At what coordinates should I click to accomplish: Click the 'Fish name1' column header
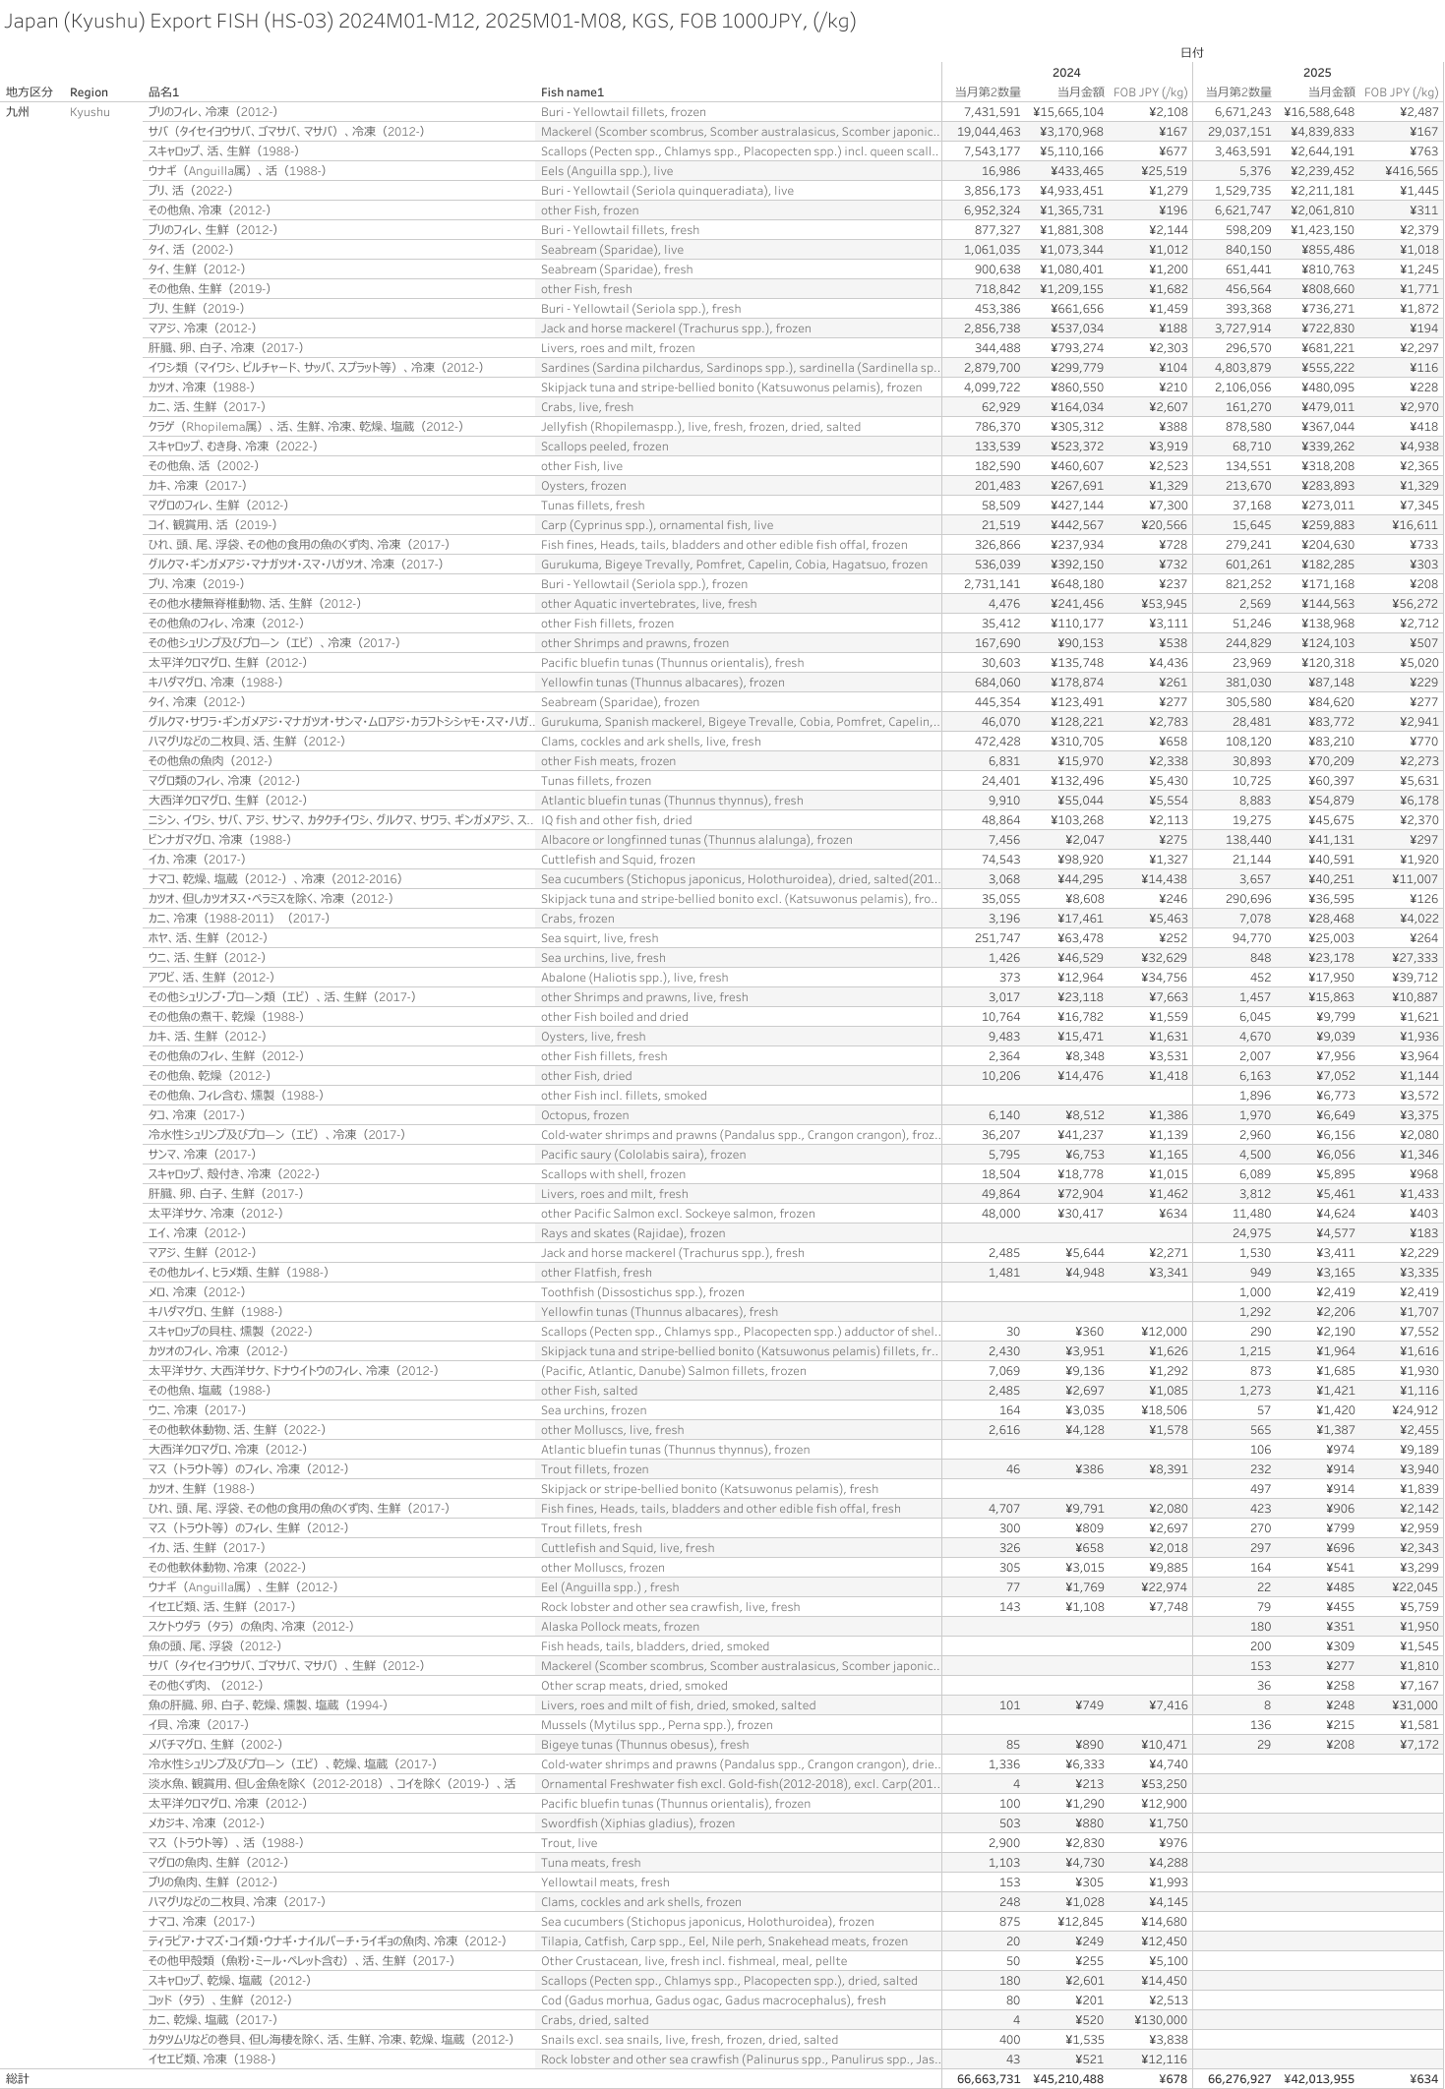point(572,92)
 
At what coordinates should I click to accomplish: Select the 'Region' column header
point(89,92)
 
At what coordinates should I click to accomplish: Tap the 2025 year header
point(1316,73)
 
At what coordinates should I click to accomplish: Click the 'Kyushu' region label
point(90,112)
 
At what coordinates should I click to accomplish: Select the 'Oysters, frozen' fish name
point(582,486)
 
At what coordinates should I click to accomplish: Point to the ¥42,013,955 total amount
point(1318,2079)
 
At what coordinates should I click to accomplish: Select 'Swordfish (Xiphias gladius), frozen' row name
point(637,1823)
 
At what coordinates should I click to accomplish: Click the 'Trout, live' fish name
point(569,1843)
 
